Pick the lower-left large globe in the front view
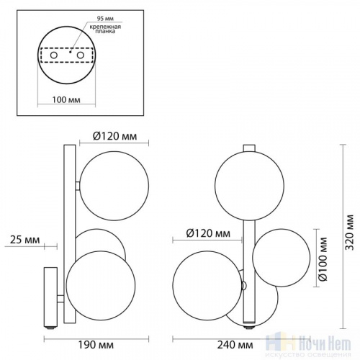pyautogui.click(x=198, y=282)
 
